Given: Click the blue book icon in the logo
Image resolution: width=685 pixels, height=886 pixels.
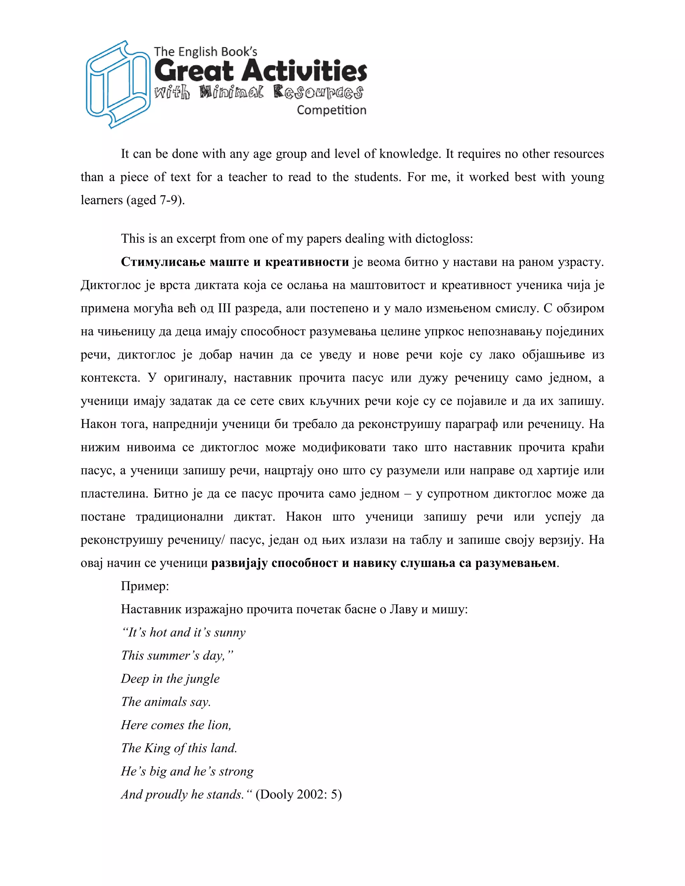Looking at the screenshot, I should [117, 84].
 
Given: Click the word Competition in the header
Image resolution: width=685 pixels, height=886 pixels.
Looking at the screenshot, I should [331, 110].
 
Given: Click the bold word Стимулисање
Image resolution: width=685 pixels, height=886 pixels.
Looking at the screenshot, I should [163, 262].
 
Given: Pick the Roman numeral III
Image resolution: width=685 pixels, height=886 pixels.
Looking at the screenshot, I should [224, 308].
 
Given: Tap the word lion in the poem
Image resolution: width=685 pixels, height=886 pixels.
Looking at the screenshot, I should [219, 725].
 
